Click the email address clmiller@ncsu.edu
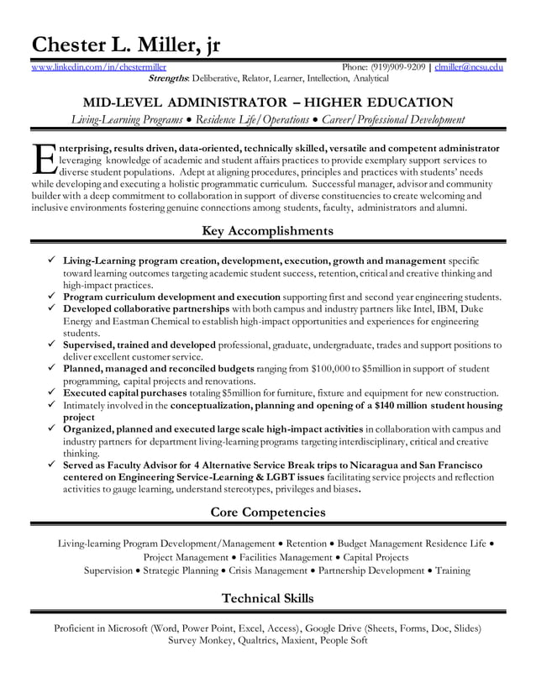470,66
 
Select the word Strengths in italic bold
168,78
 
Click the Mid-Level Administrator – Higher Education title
268,103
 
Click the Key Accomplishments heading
268,230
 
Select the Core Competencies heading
268,512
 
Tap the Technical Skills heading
268,598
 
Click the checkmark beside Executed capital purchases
52,392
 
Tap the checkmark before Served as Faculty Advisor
52,465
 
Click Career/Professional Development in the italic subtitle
392,120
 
